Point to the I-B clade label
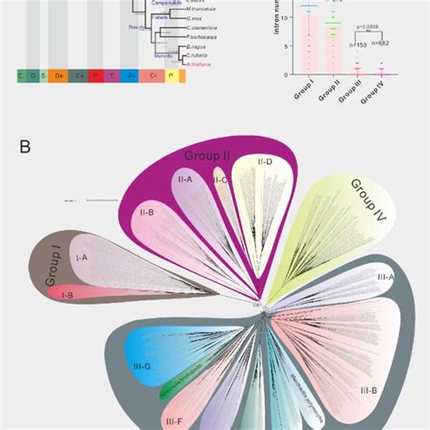click(x=66, y=295)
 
